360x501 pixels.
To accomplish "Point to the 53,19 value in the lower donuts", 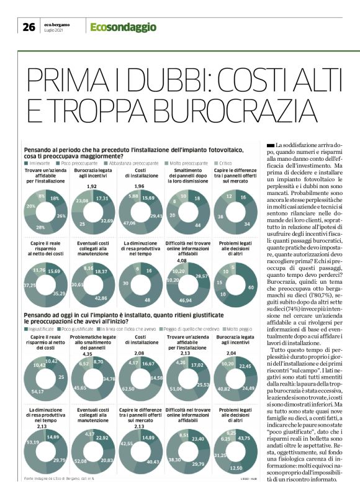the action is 36,441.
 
